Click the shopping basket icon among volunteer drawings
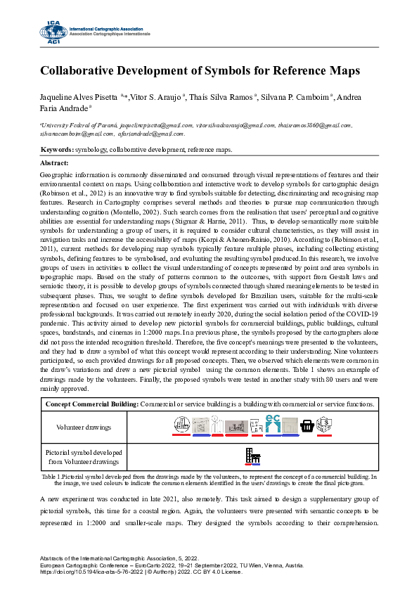tap(307, 425)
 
